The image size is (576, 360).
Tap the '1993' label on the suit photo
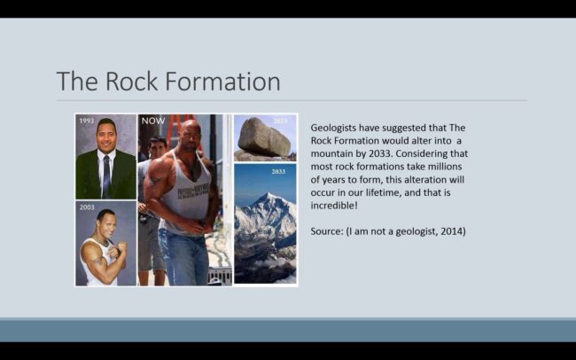(x=86, y=121)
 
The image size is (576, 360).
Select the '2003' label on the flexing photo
(x=86, y=207)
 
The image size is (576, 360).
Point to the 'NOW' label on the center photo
(x=152, y=121)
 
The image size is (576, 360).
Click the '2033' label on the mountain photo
(x=278, y=171)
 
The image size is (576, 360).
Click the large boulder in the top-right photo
(x=263, y=137)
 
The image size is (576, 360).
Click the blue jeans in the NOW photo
(x=183, y=257)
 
